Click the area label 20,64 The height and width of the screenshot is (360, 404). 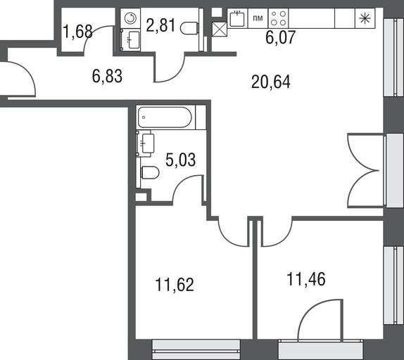tap(271, 82)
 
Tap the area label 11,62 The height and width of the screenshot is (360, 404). tap(175, 285)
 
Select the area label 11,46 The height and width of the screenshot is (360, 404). tap(306, 279)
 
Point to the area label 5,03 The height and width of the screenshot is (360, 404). tap(180, 160)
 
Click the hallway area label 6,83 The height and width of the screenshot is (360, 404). tap(107, 77)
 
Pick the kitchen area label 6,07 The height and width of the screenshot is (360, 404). tap(280, 37)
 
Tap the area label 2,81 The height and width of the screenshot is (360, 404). tap(160, 25)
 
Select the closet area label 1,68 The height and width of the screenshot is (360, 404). tap(77, 32)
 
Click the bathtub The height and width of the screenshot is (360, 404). tap(165, 117)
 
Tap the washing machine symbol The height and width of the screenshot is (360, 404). tap(130, 18)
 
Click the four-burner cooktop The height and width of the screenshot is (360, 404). tap(279, 18)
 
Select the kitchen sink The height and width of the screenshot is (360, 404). tap(237, 18)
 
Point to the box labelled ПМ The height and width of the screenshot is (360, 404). tap(258, 18)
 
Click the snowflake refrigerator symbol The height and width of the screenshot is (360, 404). tap(365, 18)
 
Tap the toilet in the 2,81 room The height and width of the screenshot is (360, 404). tap(189, 28)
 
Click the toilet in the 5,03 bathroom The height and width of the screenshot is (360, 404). tap(150, 172)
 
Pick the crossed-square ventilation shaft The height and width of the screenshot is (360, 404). tap(220, 29)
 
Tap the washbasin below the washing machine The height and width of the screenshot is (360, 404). tap(130, 40)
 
